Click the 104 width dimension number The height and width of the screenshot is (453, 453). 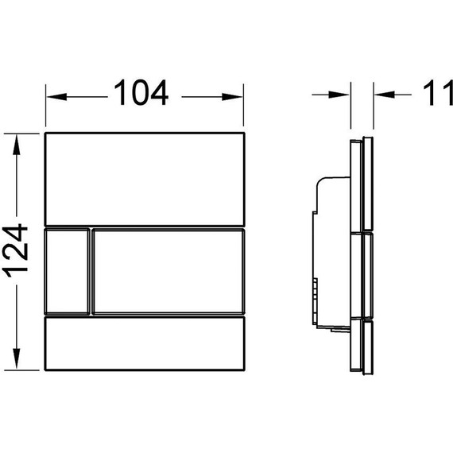[141, 92]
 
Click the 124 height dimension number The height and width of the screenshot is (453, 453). [15, 250]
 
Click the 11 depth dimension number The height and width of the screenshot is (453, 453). [438, 93]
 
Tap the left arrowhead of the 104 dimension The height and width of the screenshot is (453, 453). [56, 97]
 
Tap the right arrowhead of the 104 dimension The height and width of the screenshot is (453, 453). [232, 97]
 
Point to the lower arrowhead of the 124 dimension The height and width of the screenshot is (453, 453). [17, 358]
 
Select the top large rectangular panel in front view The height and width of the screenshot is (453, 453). [145, 179]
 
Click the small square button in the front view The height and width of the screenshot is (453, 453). [67, 272]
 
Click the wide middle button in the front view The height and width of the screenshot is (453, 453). [168, 272]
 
